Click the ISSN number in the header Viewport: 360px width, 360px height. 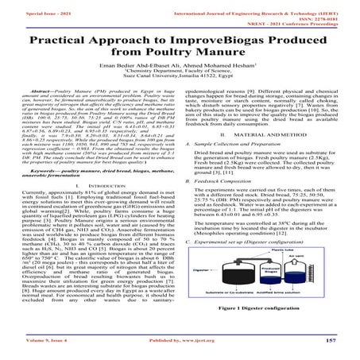(330, 11)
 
